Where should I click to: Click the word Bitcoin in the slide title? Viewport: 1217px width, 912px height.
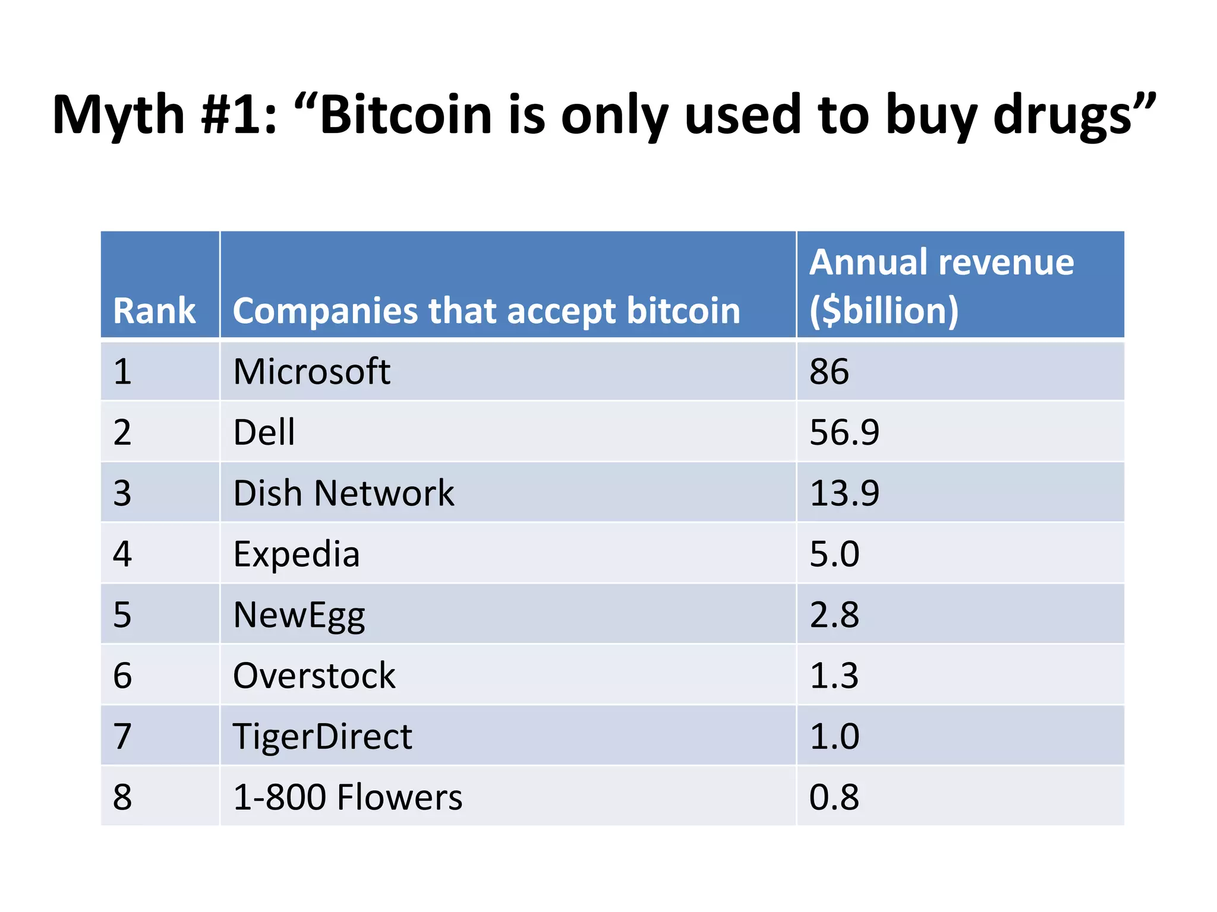405,114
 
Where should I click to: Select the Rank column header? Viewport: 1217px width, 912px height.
154,311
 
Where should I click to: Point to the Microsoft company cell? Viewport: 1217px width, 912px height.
311,372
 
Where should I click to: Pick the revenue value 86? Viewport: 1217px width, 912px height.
829,372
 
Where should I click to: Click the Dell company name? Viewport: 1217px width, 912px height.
264,432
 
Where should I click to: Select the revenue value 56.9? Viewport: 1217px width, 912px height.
844,432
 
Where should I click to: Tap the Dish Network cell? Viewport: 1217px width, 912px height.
343,493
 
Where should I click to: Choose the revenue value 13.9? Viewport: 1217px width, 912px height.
844,493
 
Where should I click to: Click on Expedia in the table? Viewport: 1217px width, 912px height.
296,554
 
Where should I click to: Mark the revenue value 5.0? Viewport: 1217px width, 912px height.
834,554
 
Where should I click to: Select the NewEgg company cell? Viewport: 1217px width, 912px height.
299,615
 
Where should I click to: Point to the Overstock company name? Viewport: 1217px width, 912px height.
314,676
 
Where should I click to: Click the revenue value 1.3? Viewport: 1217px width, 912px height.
834,676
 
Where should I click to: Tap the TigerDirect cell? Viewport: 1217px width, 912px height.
322,736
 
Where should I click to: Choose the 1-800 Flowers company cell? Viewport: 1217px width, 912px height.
348,797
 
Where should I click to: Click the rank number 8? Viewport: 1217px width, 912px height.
122,797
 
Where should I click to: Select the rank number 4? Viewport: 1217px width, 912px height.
122,554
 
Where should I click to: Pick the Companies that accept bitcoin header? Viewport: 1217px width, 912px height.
486,311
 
